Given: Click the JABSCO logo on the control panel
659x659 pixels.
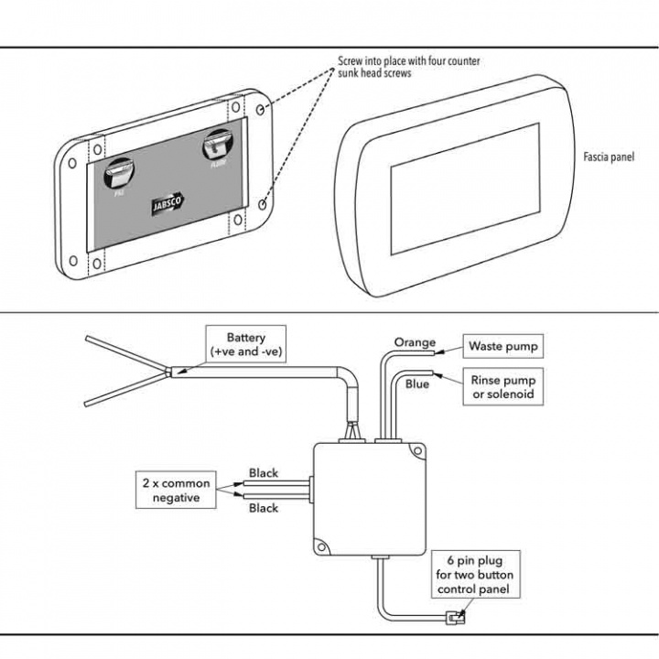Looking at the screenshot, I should pyautogui.click(x=169, y=206).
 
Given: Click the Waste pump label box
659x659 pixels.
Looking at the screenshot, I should pyautogui.click(x=502, y=347).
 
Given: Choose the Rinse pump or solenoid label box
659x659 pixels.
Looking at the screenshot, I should pyautogui.click(x=502, y=387).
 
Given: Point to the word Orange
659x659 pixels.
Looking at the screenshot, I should pyautogui.click(x=415, y=342).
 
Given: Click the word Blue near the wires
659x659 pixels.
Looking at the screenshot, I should pyautogui.click(x=416, y=384).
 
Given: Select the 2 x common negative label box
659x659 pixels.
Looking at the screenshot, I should pyautogui.click(x=176, y=491).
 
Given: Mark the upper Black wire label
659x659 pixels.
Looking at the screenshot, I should pyautogui.click(x=264, y=473).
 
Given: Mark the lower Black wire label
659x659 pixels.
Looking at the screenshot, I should pyautogui.click(x=264, y=508).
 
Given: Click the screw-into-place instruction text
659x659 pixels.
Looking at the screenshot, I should pyautogui.click(x=408, y=66).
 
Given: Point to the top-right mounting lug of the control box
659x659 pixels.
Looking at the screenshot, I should pyautogui.click(x=417, y=451).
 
